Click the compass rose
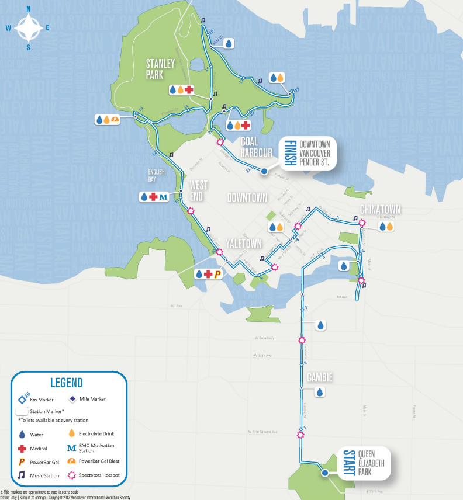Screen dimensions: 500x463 coord(28,27)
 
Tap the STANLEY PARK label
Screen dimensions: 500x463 coord(161,70)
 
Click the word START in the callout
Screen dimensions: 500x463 coord(349,464)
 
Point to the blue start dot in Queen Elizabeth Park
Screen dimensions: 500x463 coord(324,473)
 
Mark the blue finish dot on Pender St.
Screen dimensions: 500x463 coord(264,171)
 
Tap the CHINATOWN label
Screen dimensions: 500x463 coord(381,209)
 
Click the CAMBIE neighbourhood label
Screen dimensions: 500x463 coord(319,378)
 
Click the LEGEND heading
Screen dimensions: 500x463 coord(66,383)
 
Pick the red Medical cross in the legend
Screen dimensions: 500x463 coord(23,449)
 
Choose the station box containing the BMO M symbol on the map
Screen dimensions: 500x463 coord(154,197)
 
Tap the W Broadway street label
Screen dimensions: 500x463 coord(265,338)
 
